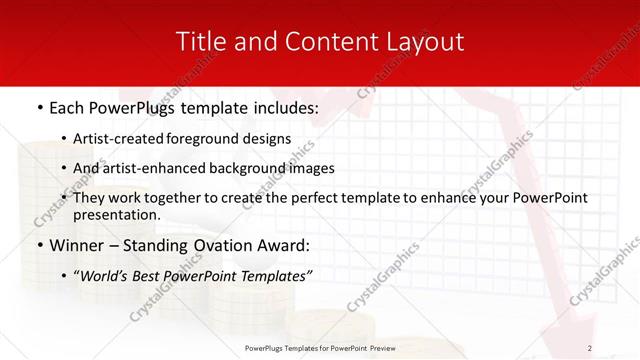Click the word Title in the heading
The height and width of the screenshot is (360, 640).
[198, 42]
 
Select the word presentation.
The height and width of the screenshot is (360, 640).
[116, 215]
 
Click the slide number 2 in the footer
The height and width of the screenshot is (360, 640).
[590, 347]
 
